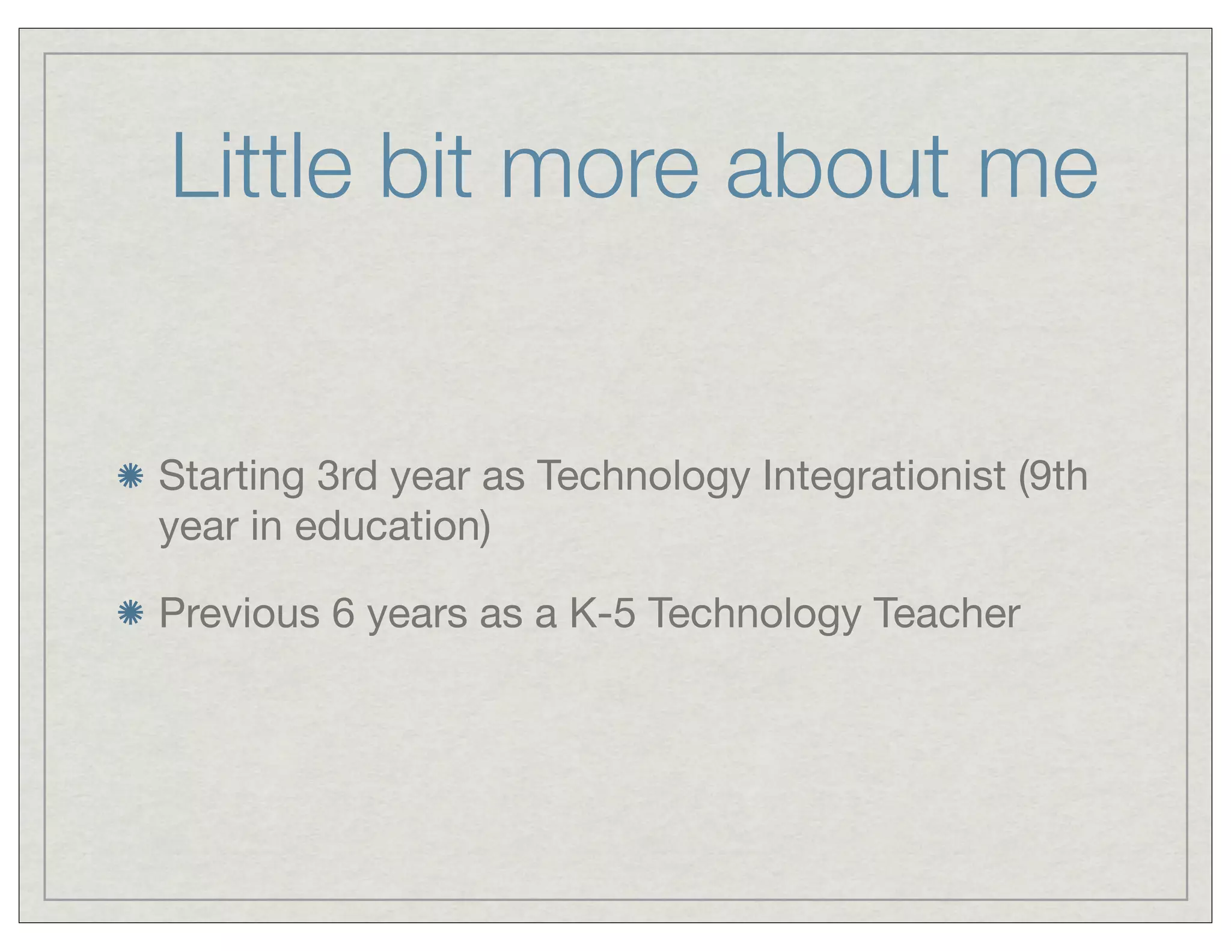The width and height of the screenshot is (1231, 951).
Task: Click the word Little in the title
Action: coord(261,167)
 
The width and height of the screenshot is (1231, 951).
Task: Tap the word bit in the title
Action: coord(426,167)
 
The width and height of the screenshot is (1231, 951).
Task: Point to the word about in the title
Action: coord(837,167)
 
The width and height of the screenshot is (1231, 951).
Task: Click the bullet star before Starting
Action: coord(130,477)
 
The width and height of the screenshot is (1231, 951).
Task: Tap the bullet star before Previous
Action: coord(130,613)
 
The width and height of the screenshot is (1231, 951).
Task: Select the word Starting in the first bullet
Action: coord(231,477)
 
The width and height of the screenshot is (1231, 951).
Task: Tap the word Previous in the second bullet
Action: coord(239,613)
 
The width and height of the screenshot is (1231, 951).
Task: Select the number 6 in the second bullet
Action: coord(343,613)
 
